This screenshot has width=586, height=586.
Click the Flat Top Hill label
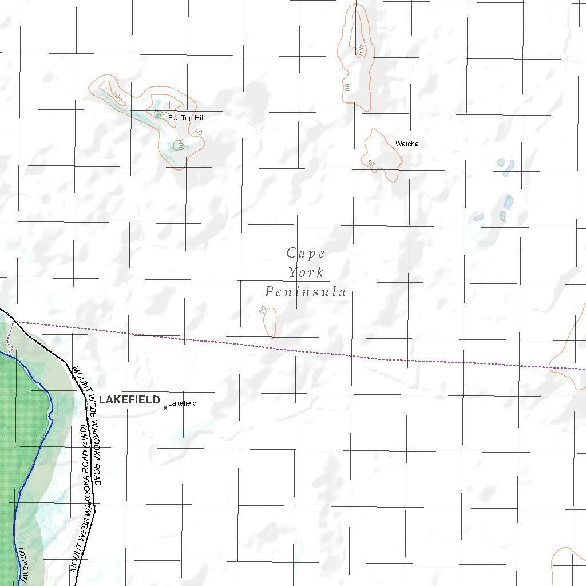coord(186,118)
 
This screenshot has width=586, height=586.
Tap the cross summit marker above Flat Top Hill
coord(169,105)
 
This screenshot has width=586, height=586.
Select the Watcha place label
coord(407,144)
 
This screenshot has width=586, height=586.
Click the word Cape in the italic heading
coord(306,253)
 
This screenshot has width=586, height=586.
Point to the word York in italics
coord(306,272)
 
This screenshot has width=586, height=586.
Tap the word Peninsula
coord(306,292)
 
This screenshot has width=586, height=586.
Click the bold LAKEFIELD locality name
coord(129,400)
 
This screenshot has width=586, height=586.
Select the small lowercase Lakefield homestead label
coord(183,403)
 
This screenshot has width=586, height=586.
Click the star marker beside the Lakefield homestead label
coord(165,407)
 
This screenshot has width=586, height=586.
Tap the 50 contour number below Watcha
coord(371,164)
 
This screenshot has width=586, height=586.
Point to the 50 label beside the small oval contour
coord(262,310)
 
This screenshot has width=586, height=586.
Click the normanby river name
coord(23,564)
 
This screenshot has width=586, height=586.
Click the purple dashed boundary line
coord(343,355)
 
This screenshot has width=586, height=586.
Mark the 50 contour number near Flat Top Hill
coord(198,133)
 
